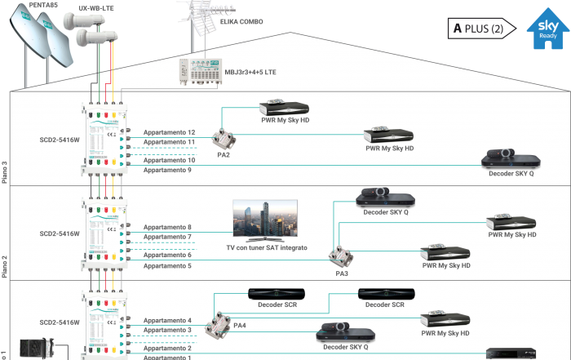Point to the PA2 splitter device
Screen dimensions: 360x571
[222, 139]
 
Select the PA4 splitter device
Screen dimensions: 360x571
[218, 321]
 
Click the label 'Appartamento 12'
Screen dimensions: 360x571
[169, 132]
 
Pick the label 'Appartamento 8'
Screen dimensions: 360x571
[166, 227]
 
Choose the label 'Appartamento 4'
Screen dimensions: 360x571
[166, 321]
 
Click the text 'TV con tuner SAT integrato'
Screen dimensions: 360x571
[267, 247]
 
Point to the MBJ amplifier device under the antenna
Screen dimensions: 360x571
[200, 74]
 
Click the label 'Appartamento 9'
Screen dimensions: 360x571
[166, 171]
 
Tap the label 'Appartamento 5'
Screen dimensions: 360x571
[166, 265]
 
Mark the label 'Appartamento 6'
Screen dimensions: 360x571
[166, 256]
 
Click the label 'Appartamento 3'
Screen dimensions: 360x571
[166, 330]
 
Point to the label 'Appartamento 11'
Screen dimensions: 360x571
[169, 142]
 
